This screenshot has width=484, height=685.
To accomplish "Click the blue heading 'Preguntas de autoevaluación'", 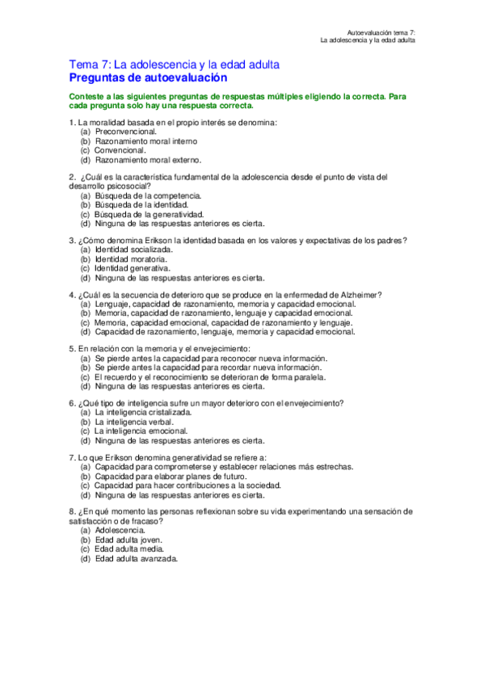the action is point(148,78).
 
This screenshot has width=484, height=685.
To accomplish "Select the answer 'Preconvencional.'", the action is point(125,131).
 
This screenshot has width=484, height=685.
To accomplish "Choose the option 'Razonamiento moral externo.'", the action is point(148,160).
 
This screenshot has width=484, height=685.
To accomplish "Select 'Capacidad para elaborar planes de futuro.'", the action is point(170,477).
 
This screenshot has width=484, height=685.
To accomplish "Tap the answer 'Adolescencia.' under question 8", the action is point(120,530).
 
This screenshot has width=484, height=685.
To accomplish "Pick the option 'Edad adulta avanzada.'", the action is point(136,559).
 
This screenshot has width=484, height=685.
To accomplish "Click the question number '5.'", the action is point(73,348).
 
